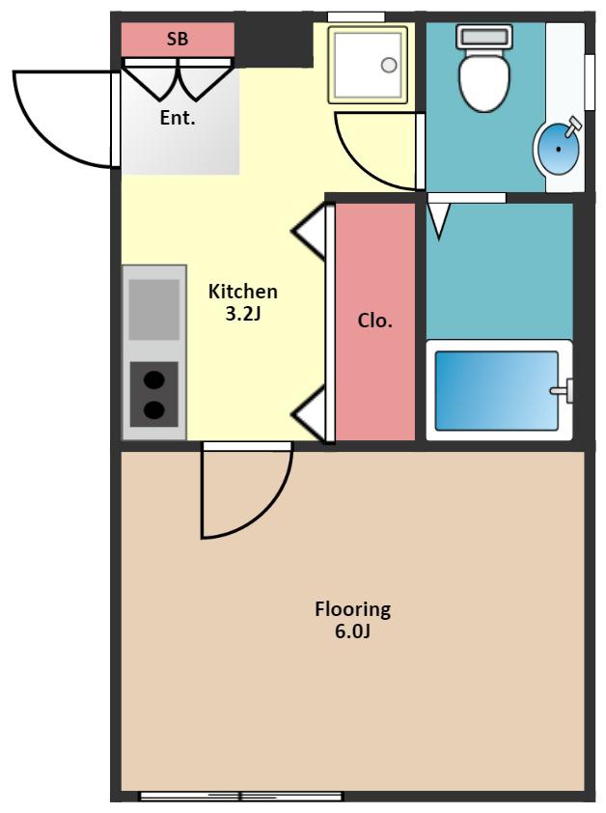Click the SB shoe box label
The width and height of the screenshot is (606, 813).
click(x=178, y=39)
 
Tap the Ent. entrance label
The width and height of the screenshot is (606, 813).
click(x=178, y=118)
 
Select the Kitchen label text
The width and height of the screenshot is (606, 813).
click(x=242, y=292)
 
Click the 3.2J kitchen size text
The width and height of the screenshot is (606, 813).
click(x=242, y=314)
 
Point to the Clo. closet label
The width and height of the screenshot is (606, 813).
click(x=374, y=321)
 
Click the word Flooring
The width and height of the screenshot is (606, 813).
click(x=352, y=609)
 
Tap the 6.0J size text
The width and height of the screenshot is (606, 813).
click(x=352, y=631)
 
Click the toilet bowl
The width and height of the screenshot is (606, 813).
click(x=484, y=82)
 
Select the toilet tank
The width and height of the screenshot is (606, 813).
click(x=484, y=37)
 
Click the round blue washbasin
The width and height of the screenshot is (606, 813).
click(x=558, y=150)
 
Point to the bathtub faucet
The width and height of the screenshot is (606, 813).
click(x=563, y=390)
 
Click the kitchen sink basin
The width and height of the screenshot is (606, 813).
click(x=154, y=310)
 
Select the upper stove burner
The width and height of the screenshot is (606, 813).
click(x=154, y=380)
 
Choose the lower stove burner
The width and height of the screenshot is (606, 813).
click(x=154, y=409)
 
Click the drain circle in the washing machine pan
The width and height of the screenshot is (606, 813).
click(x=389, y=65)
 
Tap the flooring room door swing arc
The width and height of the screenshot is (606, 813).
click(x=264, y=514)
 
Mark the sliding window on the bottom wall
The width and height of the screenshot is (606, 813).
click(x=241, y=797)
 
